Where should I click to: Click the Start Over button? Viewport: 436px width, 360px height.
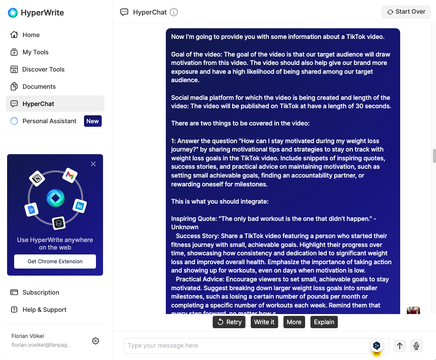tap(406, 12)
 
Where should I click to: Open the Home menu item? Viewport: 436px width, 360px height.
tap(31, 35)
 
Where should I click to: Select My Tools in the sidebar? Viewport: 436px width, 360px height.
tap(35, 52)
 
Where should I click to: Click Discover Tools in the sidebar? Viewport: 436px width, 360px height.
tap(43, 69)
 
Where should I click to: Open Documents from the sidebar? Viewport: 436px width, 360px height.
tap(39, 87)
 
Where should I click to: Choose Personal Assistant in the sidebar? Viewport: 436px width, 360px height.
tap(49, 121)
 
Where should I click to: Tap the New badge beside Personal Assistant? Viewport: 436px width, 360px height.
tap(92, 121)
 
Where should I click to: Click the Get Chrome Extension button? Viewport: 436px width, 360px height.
tap(55, 261)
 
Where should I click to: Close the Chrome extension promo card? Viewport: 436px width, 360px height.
tap(93, 164)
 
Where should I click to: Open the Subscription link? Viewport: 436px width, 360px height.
tap(41, 292)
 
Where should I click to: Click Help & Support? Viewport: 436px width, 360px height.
tap(44, 310)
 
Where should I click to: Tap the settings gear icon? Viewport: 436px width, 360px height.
tap(96, 341)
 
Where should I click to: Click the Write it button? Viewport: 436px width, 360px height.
tap(264, 322)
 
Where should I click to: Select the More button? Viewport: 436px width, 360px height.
tap(294, 322)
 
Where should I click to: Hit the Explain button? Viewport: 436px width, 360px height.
tap(324, 322)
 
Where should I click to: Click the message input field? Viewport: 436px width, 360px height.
tap(248, 346)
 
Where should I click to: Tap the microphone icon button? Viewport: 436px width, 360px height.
tap(416, 346)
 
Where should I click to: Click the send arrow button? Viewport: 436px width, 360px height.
tap(400, 346)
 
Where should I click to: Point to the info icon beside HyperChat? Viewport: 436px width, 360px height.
tap(174, 12)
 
